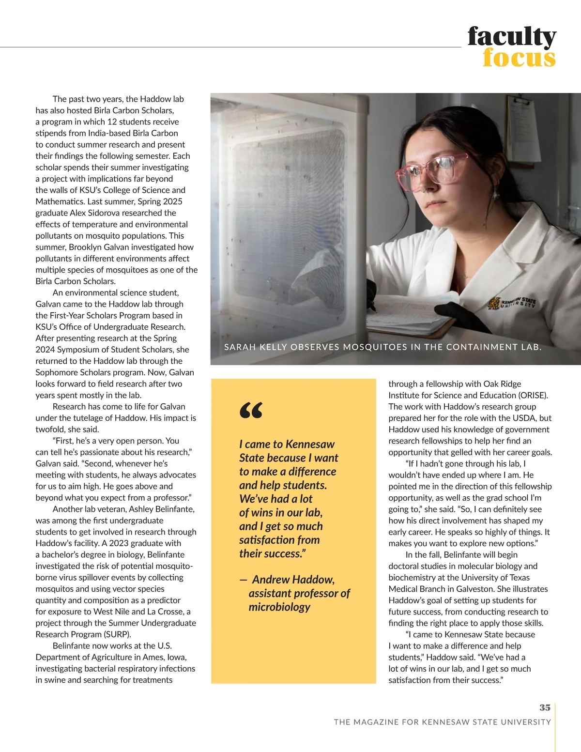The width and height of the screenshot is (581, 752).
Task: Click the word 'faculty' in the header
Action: tap(512, 37)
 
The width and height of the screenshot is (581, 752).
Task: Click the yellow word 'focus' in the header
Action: tap(519, 58)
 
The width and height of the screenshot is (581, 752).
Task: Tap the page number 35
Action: tap(545, 707)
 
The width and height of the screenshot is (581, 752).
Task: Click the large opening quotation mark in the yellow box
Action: tap(251, 411)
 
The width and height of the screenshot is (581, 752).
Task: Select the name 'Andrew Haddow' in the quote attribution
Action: tap(293, 580)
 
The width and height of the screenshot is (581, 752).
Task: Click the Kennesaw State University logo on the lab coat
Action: tap(513, 303)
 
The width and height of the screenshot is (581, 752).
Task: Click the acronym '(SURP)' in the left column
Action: tap(116, 634)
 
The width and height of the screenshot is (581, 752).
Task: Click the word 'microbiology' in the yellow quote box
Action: tap(279, 607)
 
